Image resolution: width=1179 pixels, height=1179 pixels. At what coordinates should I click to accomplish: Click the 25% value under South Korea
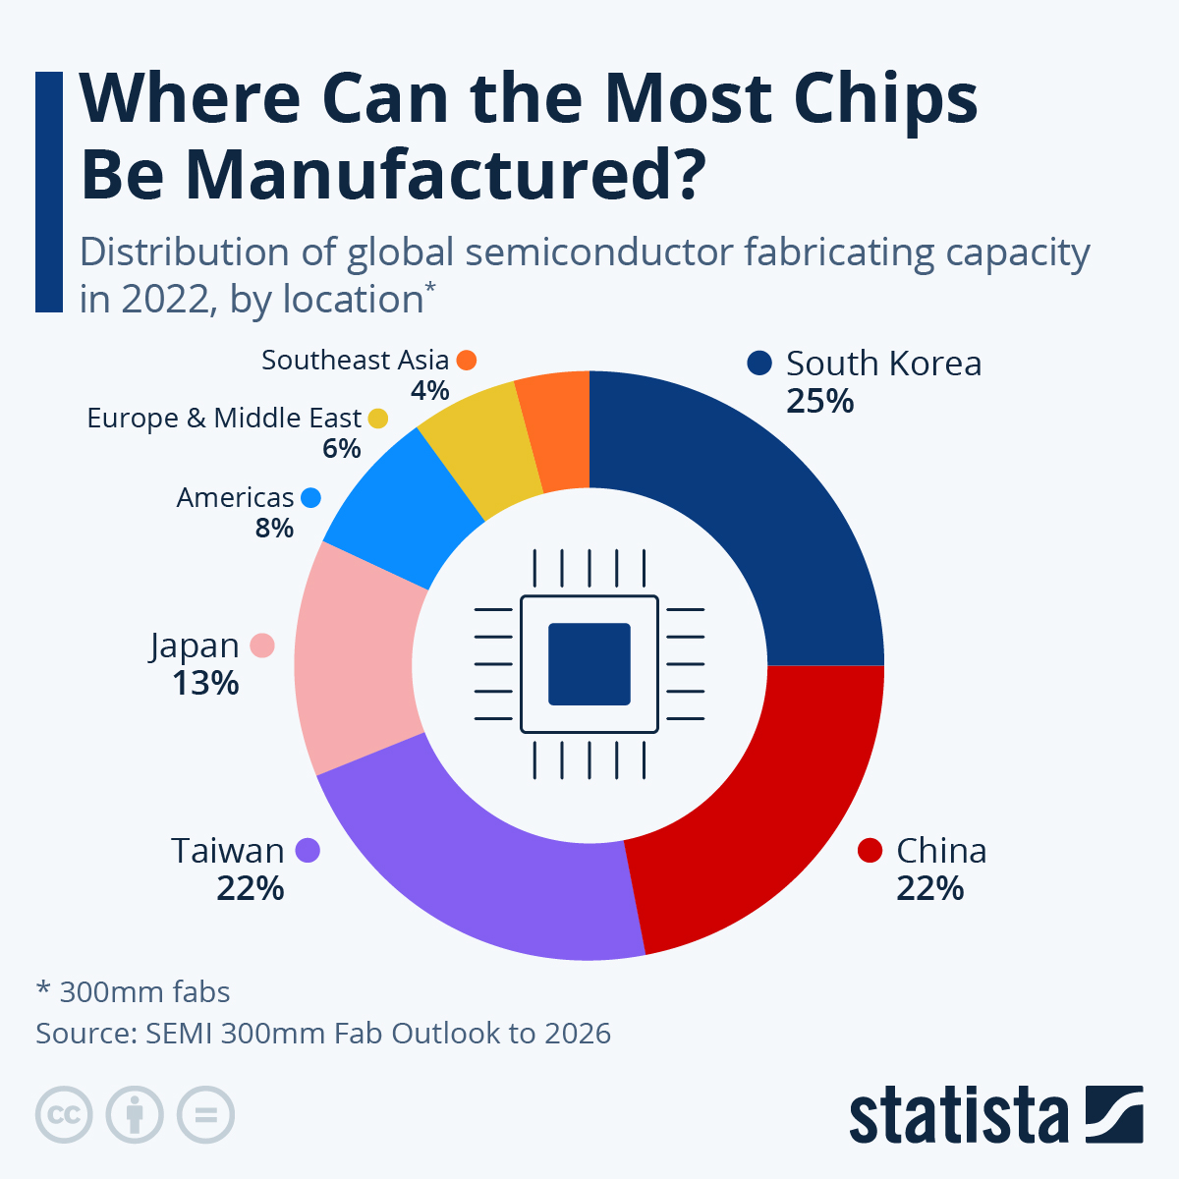[820, 401]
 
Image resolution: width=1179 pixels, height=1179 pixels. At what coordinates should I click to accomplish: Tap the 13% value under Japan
[205, 683]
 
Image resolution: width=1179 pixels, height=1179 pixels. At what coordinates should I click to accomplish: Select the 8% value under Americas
[274, 528]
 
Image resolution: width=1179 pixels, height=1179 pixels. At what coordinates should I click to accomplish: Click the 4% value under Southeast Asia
[429, 390]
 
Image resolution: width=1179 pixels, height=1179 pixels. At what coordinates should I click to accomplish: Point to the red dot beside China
[870, 850]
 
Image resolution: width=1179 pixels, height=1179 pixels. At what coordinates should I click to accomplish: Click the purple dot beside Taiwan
[308, 850]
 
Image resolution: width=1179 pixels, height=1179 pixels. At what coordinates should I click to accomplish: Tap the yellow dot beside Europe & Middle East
[377, 419]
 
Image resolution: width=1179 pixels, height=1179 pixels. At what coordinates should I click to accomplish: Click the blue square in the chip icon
[589, 664]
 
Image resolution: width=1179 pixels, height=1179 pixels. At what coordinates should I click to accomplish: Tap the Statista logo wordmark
[959, 1115]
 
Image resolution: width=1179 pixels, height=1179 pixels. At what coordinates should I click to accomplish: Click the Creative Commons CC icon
[64, 1115]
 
